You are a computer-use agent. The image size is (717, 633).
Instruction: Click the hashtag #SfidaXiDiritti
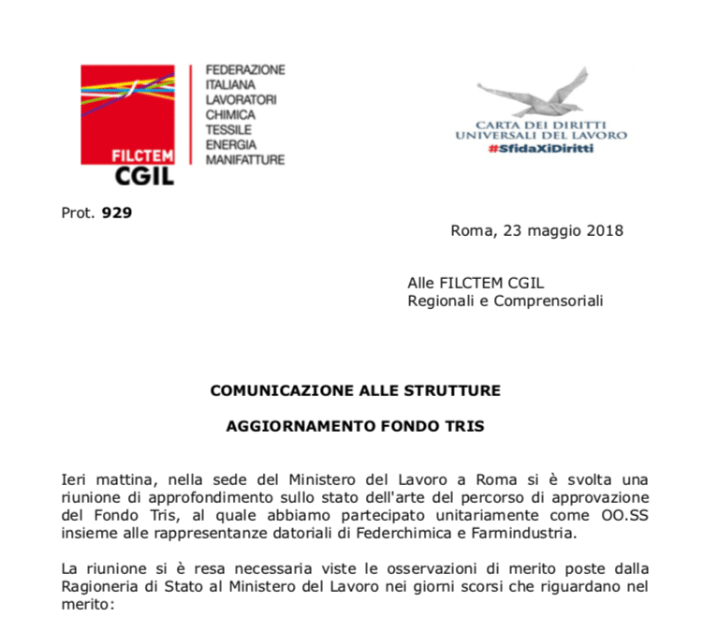[540, 150]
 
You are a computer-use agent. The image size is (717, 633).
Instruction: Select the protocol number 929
[117, 213]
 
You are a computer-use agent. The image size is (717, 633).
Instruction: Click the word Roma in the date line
[468, 230]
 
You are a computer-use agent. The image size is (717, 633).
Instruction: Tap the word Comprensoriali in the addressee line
[549, 301]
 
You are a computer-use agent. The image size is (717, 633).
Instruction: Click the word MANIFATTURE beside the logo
[244, 159]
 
